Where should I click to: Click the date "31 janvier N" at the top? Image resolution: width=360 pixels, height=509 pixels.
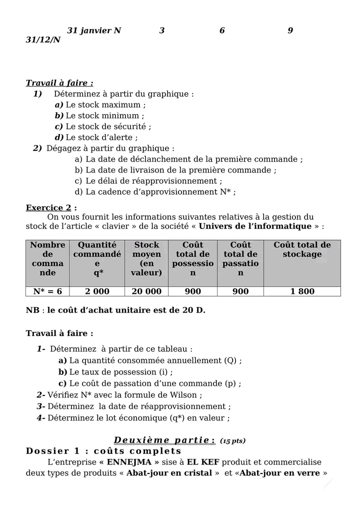(x=94, y=30)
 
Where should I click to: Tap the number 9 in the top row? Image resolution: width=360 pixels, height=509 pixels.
(x=290, y=30)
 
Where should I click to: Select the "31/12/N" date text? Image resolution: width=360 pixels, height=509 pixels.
(x=43, y=39)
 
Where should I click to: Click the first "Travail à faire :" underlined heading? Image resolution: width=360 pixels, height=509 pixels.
(x=59, y=83)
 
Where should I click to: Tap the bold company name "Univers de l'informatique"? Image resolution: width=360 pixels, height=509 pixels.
(x=255, y=226)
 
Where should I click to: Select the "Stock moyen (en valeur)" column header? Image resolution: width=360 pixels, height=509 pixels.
(x=146, y=258)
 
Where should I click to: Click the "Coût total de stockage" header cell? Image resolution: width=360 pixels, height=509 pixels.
(x=302, y=249)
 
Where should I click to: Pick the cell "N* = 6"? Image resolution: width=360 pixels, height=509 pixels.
(x=47, y=291)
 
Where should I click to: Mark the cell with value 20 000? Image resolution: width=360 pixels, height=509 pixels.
(x=146, y=291)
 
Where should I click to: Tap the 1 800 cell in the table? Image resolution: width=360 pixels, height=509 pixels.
(x=302, y=291)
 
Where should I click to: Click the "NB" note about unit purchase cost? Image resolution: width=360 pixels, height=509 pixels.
(x=115, y=310)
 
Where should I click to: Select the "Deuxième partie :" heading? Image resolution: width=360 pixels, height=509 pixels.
(x=164, y=440)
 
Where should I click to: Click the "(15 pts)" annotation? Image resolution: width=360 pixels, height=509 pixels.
(x=232, y=441)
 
